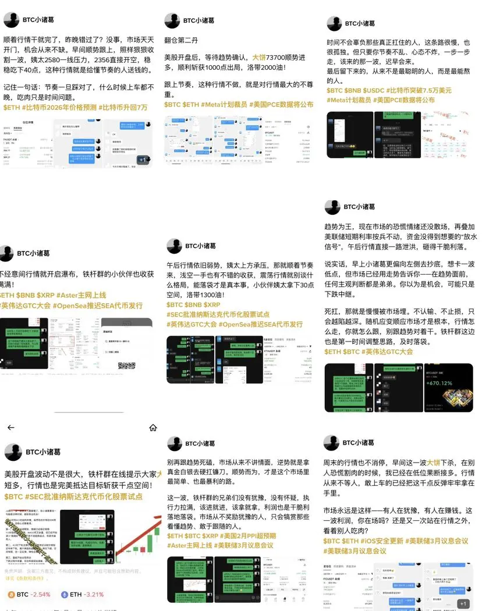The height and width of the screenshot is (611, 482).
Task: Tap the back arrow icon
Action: click(10, 427)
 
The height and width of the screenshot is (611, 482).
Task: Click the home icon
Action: click(153, 427)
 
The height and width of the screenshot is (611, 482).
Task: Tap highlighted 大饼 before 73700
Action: click(260, 57)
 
